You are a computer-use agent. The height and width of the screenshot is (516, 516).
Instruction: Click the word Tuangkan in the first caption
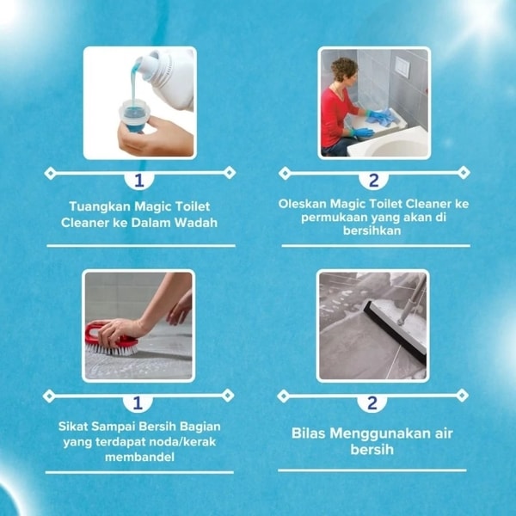pos(100,207)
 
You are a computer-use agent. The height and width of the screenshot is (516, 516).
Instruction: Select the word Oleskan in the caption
pos(303,204)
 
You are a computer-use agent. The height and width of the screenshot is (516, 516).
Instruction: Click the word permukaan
pos(334,218)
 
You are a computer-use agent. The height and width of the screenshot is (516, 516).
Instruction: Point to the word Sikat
pos(73,427)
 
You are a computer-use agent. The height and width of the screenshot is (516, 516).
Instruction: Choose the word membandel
pos(139,457)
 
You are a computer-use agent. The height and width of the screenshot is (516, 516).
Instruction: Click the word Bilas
pos(309,433)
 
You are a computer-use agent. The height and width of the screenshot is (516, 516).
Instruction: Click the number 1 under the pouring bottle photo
pos(139,181)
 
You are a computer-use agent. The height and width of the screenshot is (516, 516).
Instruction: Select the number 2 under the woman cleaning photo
pos(373,181)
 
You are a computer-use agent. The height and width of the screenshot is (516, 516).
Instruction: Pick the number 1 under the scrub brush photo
pos(138,403)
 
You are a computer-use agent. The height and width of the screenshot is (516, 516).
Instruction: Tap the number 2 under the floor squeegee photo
pos(372,403)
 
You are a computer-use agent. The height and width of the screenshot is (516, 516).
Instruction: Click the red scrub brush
pos(111,340)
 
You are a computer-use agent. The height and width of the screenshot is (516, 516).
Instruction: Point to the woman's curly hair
pos(343,69)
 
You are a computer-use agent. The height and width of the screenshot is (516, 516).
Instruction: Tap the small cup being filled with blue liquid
pos(134,116)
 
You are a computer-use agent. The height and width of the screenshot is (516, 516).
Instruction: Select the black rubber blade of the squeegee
pos(394,332)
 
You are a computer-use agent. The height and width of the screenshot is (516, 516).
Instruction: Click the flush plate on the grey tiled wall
pos(402,67)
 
